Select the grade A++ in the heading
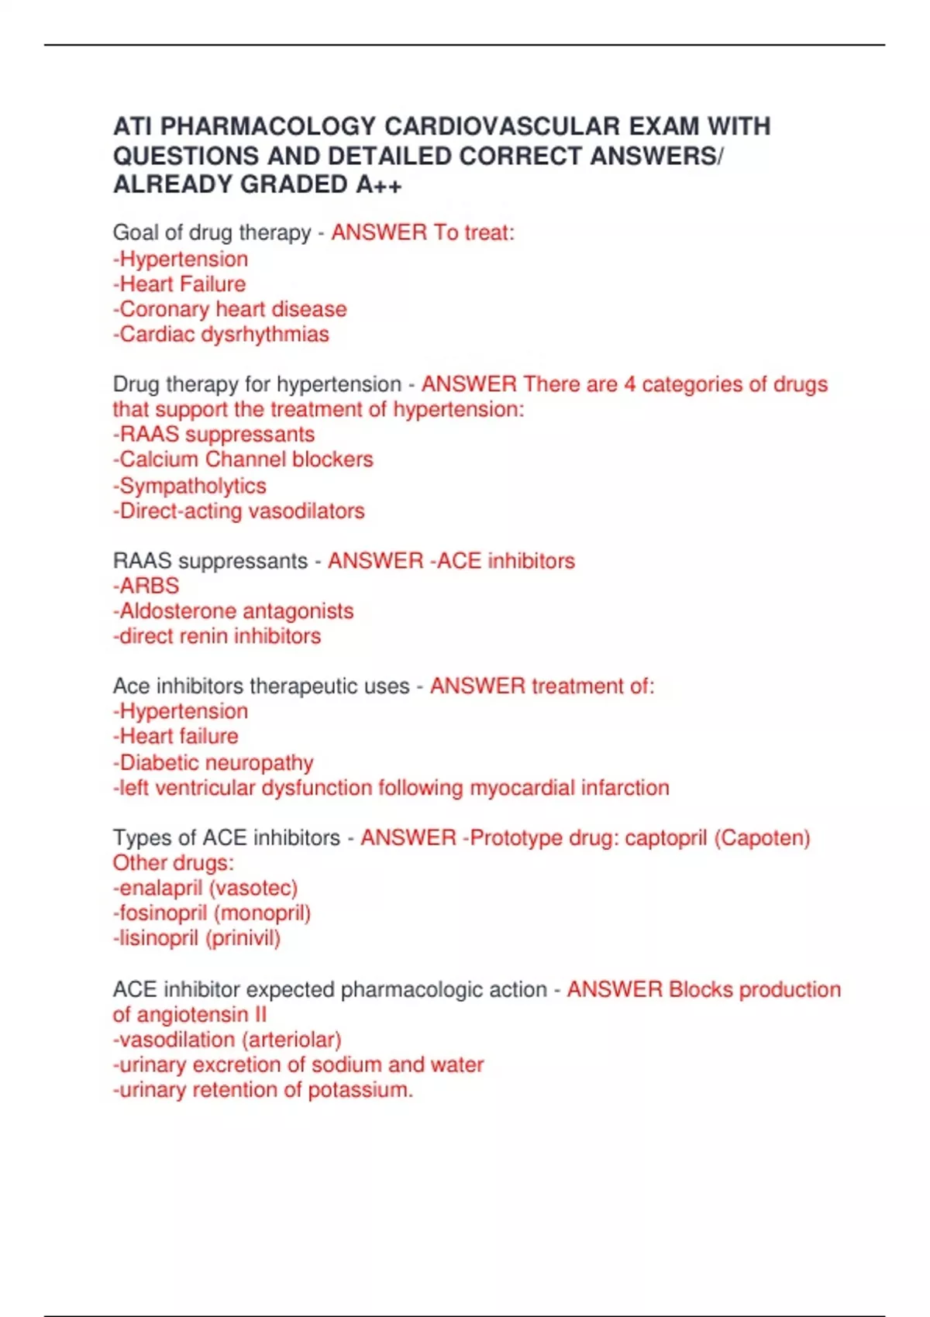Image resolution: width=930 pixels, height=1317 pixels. [379, 184]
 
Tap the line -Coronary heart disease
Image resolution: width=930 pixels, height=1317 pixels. [230, 309]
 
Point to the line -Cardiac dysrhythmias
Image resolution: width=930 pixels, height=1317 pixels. [221, 334]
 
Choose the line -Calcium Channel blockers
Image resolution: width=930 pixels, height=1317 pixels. [243, 459]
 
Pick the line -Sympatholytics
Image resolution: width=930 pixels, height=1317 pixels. [190, 486]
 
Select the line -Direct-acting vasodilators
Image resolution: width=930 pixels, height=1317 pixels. [239, 511]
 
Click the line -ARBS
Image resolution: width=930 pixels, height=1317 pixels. [146, 586]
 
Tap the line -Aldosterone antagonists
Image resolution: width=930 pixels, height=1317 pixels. [233, 611]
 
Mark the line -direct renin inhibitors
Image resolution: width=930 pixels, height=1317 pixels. [217, 636]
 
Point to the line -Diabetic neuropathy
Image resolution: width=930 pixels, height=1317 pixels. [213, 762]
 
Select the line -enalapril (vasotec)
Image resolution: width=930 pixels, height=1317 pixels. [205, 888]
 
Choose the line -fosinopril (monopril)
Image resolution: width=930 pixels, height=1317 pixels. [212, 913]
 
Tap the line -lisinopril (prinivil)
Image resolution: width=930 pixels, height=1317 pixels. [197, 938]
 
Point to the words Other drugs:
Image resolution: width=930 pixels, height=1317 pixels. [174, 863]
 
